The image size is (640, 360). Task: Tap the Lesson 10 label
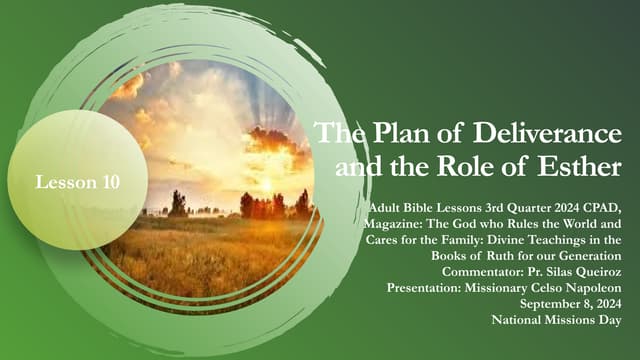78,182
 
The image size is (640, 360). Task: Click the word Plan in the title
394,130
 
